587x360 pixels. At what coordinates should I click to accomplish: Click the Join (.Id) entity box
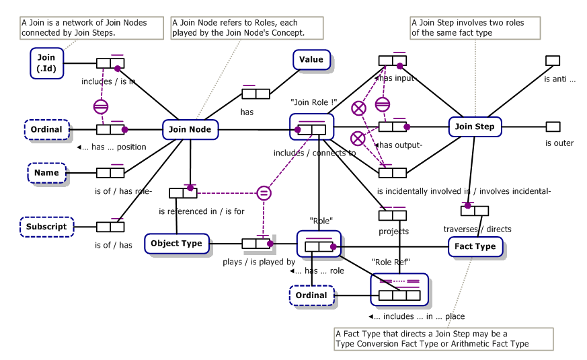[x=46, y=63]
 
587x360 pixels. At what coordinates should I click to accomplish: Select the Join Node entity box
[x=190, y=130]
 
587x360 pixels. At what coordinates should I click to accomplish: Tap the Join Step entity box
[x=475, y=127]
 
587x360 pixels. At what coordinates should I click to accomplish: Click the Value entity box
[x=311, y=60]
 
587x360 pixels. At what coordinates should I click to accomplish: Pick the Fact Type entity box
[x=475, y=246]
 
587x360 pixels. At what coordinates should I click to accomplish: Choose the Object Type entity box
[x=176, y=244]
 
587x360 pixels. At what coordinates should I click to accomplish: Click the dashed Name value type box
[x=46, y=173]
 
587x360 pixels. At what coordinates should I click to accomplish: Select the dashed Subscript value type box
[x=46, y=227]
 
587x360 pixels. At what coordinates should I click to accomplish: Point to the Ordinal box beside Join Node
[x=46, y=130]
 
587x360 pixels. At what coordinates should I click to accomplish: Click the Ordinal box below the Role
[x=311, y=295]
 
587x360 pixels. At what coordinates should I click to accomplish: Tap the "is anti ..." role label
[x=559, y=79]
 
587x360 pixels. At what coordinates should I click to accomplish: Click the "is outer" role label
[x=559, y=143]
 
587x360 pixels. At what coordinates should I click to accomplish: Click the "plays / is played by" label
[x=259, y=262]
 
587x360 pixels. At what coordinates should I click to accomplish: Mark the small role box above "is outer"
[x=553, y=127]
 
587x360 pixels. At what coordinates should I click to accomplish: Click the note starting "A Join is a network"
[x=91, y=28]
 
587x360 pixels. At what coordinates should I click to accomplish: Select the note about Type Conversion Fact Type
[x=443, y=339]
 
